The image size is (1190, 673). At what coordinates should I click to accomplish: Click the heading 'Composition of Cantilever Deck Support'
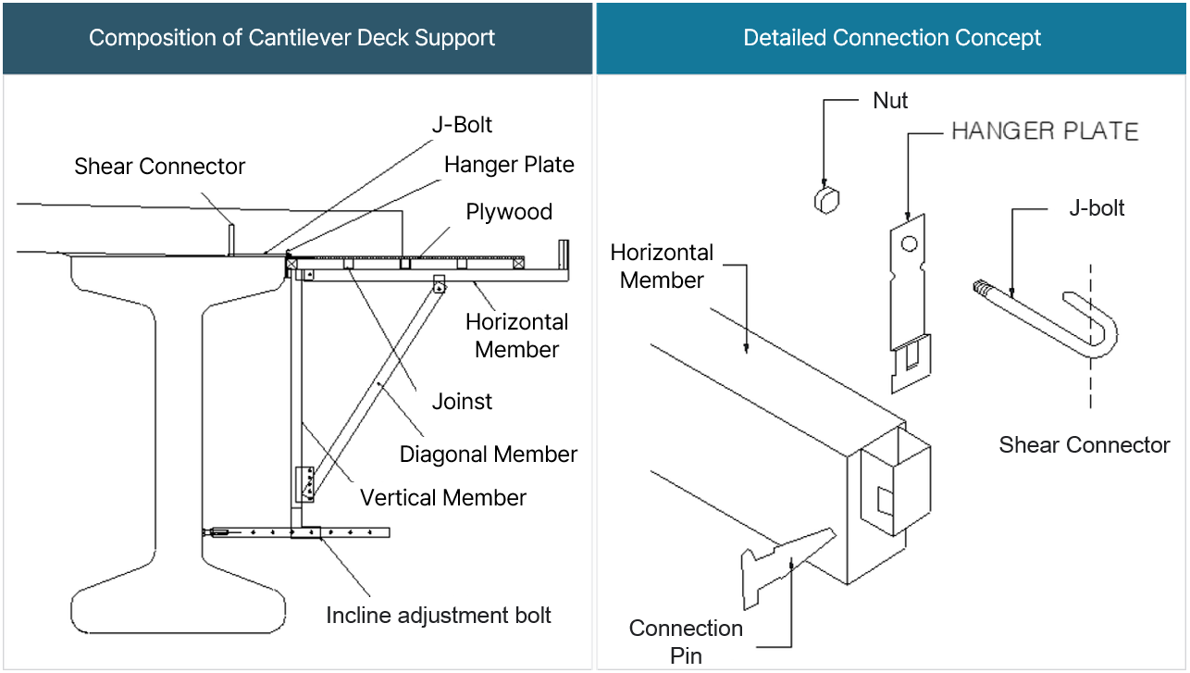pos(291,38)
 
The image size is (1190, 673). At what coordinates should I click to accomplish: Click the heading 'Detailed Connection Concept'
pos(892,38)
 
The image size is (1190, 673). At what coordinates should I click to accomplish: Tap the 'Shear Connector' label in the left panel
pos(160,167)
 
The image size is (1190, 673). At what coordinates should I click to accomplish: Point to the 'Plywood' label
pos(509,212)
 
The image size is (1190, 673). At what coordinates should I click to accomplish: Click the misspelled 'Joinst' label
pos(462,402)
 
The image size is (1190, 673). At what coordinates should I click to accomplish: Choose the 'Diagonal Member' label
pos(488,455)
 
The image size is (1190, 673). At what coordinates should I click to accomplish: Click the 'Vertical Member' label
pos(443,498)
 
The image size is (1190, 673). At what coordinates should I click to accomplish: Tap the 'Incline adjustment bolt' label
pos(439,616)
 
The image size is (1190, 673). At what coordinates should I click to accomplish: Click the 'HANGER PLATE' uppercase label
pos(1045,131)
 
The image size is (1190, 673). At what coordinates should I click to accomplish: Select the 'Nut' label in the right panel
pos(890,101)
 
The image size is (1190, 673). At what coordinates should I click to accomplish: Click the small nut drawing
pos(827,198)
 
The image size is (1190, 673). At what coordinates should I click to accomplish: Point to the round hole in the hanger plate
pos(910,244)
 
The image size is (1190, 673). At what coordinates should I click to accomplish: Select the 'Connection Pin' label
pos(686,642)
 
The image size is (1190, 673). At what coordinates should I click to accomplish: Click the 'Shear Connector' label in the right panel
pos(1084,445)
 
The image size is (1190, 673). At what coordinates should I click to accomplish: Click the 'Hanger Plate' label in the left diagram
pos(509,165)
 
